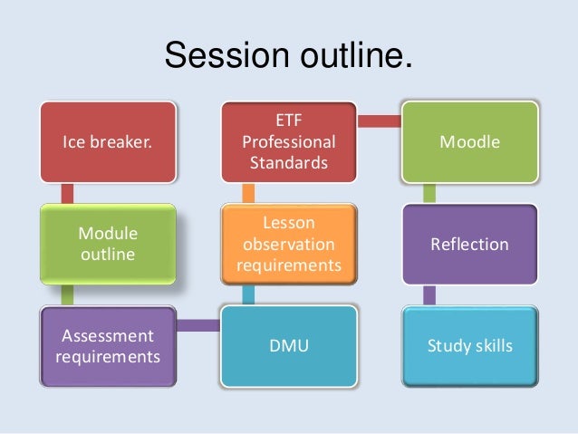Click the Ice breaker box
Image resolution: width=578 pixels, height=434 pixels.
107,141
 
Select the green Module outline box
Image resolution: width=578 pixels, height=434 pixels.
107,243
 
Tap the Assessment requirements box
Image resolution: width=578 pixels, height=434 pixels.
107,345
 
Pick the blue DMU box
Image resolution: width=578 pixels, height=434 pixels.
289,345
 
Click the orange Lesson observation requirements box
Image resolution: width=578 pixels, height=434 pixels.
289,243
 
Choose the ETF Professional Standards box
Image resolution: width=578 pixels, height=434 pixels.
289,141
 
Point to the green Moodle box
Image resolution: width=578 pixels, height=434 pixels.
469,141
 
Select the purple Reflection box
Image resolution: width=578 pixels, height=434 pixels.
469,244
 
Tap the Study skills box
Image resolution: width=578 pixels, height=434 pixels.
469,345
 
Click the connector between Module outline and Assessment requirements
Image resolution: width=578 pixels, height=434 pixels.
66,294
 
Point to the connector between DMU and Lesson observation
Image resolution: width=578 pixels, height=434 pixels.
248,294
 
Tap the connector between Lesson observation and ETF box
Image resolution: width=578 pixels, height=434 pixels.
248,192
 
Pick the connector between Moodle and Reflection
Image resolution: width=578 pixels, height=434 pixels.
429,192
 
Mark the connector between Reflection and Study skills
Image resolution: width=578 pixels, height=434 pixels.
429,294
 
